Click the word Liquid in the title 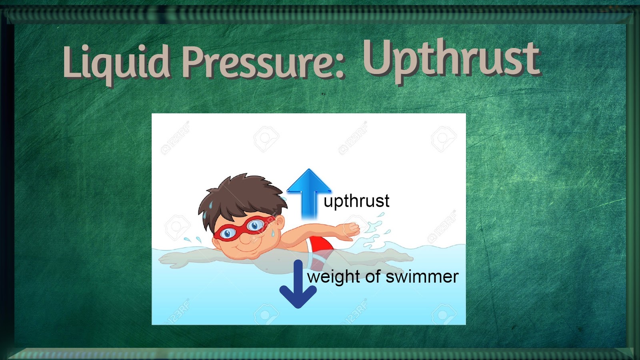point(116,62)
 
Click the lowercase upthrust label point(356,201)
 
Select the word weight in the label point(334,277)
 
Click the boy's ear point(279,222)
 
